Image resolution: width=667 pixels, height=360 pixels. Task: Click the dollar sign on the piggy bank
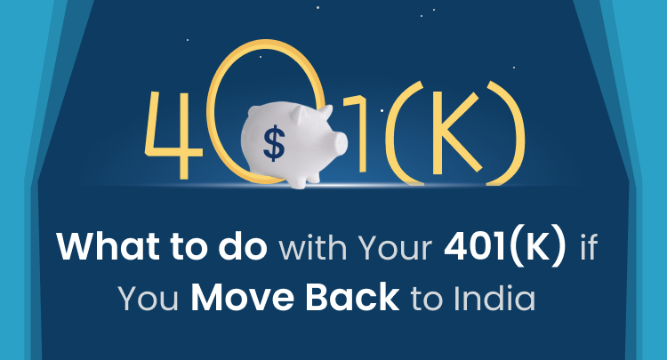(x=274, y=143)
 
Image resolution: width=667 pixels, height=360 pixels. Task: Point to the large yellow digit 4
(x=173, y=135)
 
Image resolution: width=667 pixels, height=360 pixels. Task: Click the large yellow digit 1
(x=358, y=133)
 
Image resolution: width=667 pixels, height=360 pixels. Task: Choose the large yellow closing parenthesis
(x=507, y=132)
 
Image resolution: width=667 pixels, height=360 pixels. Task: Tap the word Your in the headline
(x=395, y=247)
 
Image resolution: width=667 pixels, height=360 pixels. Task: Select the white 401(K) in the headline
(x=505, y=246)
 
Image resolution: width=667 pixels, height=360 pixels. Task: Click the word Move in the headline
(x=242, y=297)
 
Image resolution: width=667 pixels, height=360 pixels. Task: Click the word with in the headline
(x=313, y=246)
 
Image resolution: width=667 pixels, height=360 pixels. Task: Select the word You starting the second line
(x=149, y=298)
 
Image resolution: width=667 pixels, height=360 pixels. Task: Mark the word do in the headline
(x=243, y=245)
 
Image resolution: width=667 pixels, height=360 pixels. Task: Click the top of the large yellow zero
(x=266, y=43)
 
